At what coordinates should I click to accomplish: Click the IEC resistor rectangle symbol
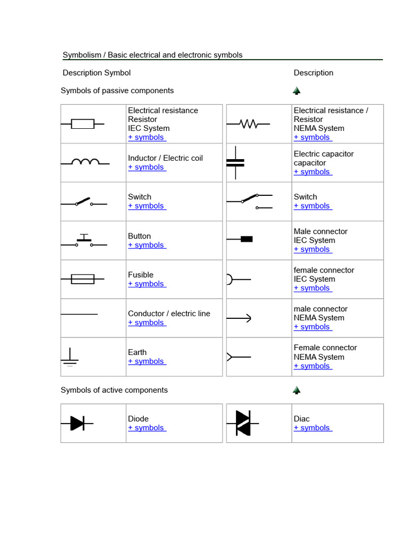pos(83,124)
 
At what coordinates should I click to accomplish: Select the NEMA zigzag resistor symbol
pos(248,124)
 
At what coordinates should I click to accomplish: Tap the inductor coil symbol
pos(85,162)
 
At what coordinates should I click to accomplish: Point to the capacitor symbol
pos(235,162)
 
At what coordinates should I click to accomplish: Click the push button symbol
pos(84,241)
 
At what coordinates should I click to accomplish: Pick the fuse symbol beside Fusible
pos(83,279)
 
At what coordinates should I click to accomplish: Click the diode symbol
pos(77,423)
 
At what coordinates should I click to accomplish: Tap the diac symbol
pos(243,423)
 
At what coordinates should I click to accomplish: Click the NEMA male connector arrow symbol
pos(239,318)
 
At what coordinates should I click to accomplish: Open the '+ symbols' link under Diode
pos(146,428)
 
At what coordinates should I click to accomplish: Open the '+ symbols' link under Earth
pos(146,361)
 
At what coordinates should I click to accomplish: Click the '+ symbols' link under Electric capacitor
pos(313,172)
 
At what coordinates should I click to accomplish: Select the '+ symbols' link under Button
pos(146,245)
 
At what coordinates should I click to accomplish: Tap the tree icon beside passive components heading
pos(297,91)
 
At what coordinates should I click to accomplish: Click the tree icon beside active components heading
pos(297,390)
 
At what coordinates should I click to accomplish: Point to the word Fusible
pos(141,275)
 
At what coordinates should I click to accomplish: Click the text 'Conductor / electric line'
pos(169,313)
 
